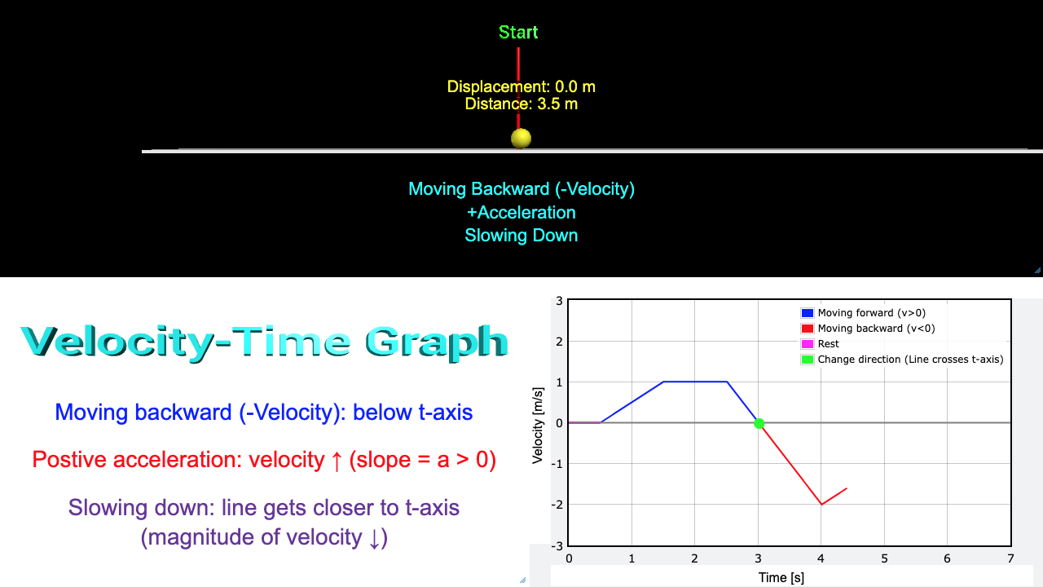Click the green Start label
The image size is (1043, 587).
[518, 32]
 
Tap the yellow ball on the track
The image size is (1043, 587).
[521, 139]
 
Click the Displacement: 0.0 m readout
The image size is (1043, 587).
[521, 86]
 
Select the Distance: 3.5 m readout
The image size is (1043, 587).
[521, 104]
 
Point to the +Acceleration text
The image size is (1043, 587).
[521, 213]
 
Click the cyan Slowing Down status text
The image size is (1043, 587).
[521, 236]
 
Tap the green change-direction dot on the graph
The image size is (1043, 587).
[759, 423]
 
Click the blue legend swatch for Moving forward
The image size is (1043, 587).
[807, 313]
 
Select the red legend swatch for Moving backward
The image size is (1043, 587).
[807, 329]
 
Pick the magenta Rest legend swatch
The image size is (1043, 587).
[807, 344]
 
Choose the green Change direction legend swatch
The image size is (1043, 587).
[807, 360]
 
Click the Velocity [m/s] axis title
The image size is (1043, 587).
[538, 426]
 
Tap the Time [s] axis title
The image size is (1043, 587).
[781, 578]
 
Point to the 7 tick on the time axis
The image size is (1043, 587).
[1010, 558]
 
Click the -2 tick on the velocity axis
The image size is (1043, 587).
[557, 505]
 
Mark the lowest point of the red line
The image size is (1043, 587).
[821, 505]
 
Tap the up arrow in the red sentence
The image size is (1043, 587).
[337, 461]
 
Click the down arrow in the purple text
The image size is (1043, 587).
[374, 538]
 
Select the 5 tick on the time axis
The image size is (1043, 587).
[884, 558]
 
